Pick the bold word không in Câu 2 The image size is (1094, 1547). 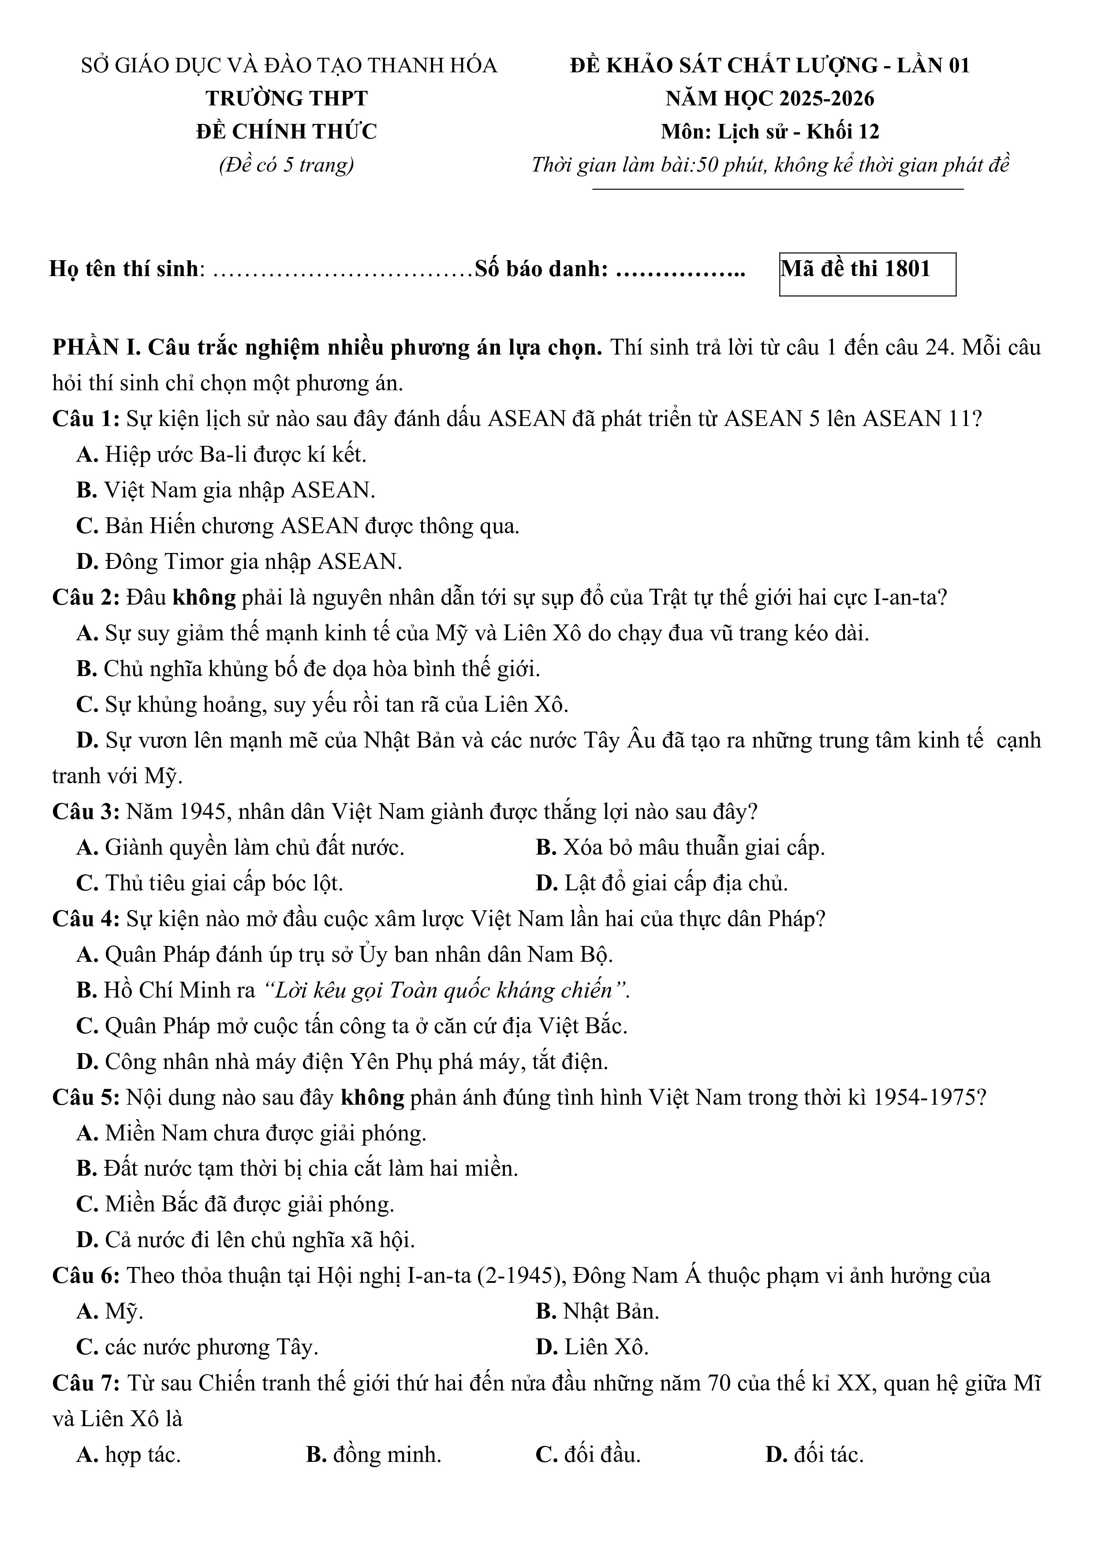click(203, 597)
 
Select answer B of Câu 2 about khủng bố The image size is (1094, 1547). click(308, 669)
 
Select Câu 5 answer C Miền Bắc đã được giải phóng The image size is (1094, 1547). click(235, 1204)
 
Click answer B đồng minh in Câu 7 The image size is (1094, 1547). click(374, 1455)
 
